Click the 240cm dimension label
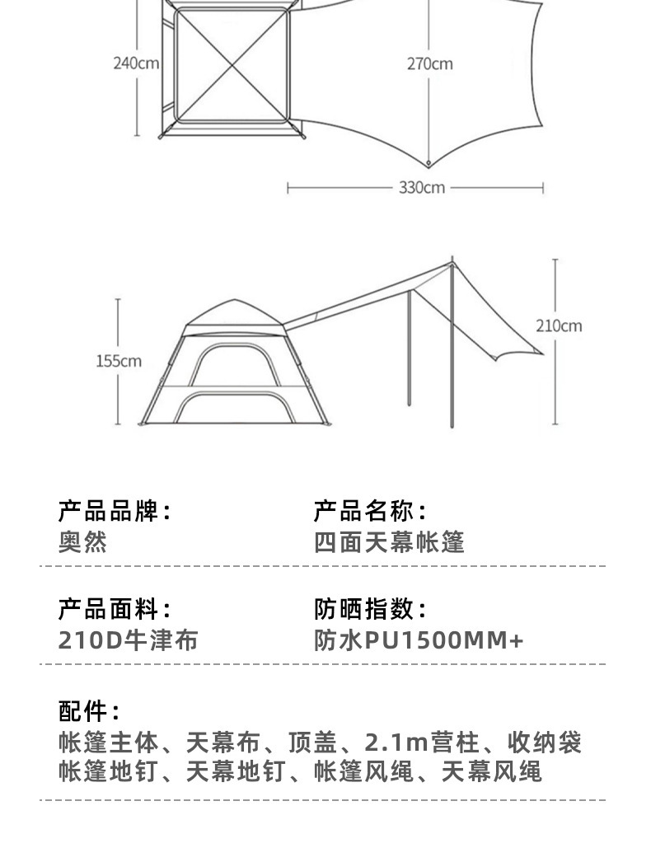point(136,63)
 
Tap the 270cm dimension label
point(429,63)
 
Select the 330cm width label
point(422,188)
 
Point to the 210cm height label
point(559,326)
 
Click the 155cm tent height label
point(119,361)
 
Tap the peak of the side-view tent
point(235,301)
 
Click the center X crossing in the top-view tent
point(232,64)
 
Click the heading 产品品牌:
point(115,511)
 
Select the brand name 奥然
point(83,541)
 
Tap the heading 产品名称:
point(370,511)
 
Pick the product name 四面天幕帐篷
point(390,541)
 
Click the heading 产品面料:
point(115,610)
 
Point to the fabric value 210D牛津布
point(128,640)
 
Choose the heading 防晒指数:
point(370,610)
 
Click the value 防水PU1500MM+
point(419,640)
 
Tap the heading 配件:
point(89,710)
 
